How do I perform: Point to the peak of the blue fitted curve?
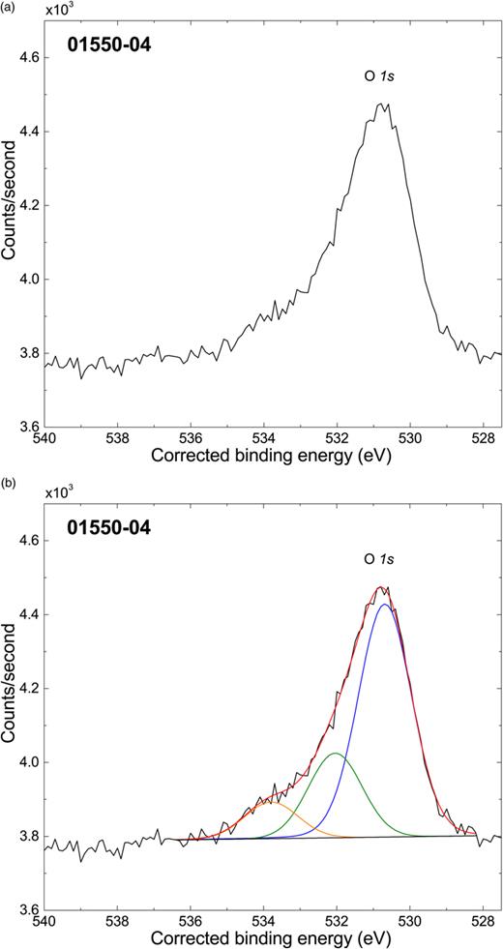(x=385, y=605)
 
